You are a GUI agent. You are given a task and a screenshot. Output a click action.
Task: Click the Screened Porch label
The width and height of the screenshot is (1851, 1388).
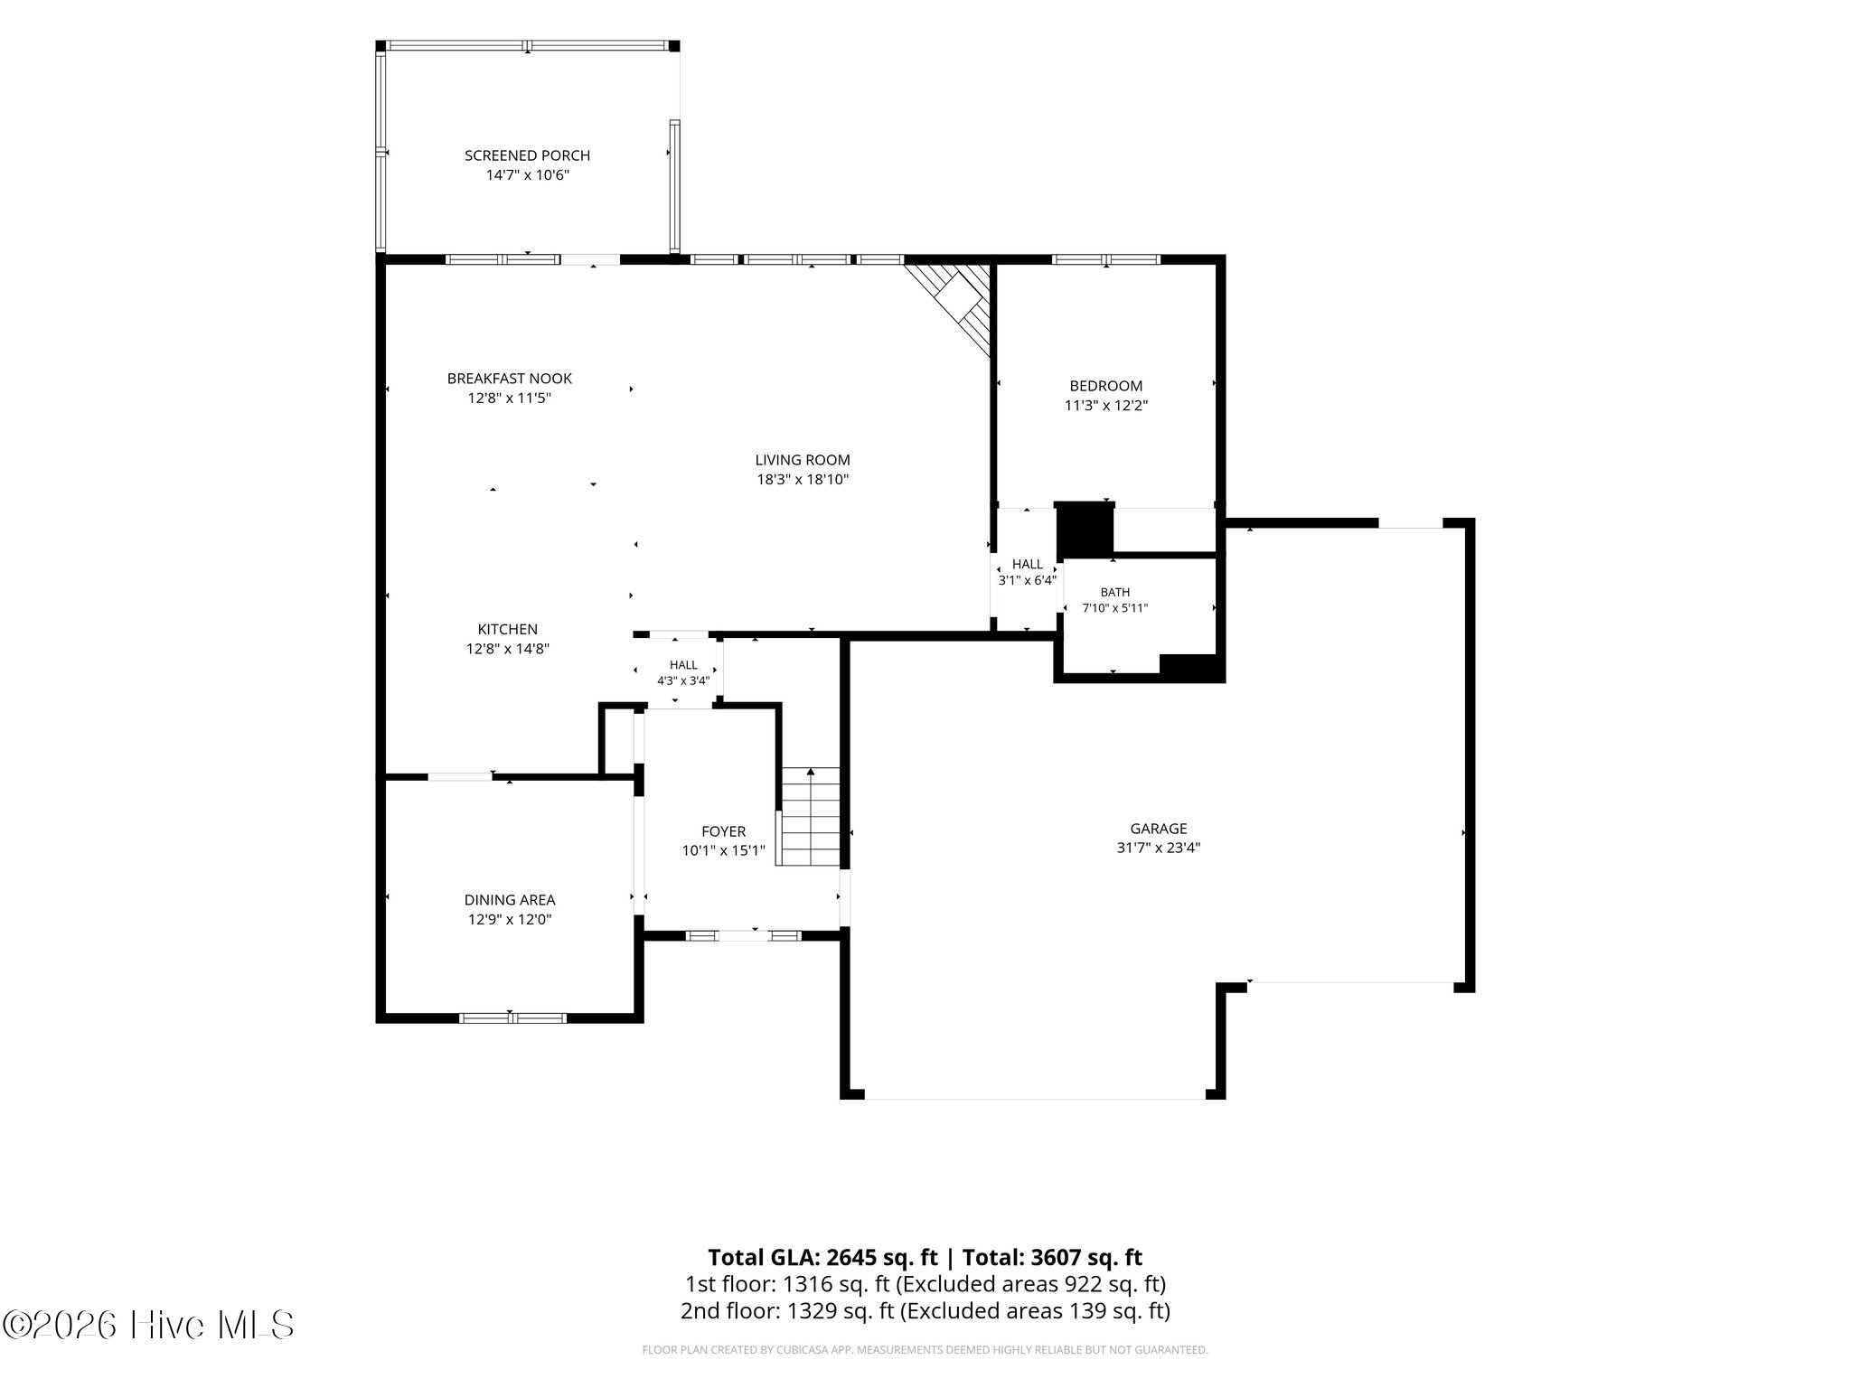pos(527,155)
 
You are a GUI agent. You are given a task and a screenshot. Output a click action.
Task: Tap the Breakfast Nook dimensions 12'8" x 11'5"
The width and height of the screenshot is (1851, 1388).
pos(509,399)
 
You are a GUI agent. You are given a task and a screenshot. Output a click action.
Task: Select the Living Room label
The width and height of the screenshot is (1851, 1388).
pos(803,460)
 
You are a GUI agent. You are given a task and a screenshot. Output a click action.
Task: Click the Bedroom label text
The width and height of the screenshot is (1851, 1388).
pos(1106,386)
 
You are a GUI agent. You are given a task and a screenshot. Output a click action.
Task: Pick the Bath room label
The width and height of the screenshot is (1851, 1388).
pos(1115,593)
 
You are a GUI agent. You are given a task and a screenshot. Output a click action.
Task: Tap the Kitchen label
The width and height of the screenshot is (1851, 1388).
pos(508,629)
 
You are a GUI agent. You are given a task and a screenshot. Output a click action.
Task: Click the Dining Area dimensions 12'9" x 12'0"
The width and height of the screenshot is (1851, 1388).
pos(510,920)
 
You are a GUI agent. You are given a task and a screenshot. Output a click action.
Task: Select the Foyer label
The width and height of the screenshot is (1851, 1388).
pos(724,831)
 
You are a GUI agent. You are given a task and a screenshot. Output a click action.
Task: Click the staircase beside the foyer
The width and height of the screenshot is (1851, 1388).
pos(811,817)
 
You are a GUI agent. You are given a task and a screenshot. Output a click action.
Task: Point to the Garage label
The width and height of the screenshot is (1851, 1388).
pos(1159,829)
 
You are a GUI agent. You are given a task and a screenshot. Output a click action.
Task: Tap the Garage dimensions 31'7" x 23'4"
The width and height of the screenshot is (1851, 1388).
pos(1159,849)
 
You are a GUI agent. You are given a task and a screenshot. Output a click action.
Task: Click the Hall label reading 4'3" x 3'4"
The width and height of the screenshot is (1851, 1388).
pos(683,681)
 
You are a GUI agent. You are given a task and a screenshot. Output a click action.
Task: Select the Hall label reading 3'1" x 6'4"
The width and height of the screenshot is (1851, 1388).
pos(1028,581)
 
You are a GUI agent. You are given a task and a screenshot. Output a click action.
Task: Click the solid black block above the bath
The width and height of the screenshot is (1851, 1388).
pos(1085,529)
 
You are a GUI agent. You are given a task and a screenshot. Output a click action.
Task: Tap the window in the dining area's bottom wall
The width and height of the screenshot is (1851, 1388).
pos(512,1018)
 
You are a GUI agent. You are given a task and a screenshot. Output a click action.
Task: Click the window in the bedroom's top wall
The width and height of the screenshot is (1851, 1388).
pos(1106,259)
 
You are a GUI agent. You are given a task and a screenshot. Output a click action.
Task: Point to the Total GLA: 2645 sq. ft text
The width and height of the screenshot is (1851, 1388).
pos(822,1258)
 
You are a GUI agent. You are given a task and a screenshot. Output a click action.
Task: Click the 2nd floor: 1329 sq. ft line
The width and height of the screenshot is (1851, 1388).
pos(925,1310)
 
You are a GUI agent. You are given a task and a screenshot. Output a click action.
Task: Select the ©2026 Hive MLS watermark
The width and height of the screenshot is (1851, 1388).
pos(149,1326)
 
